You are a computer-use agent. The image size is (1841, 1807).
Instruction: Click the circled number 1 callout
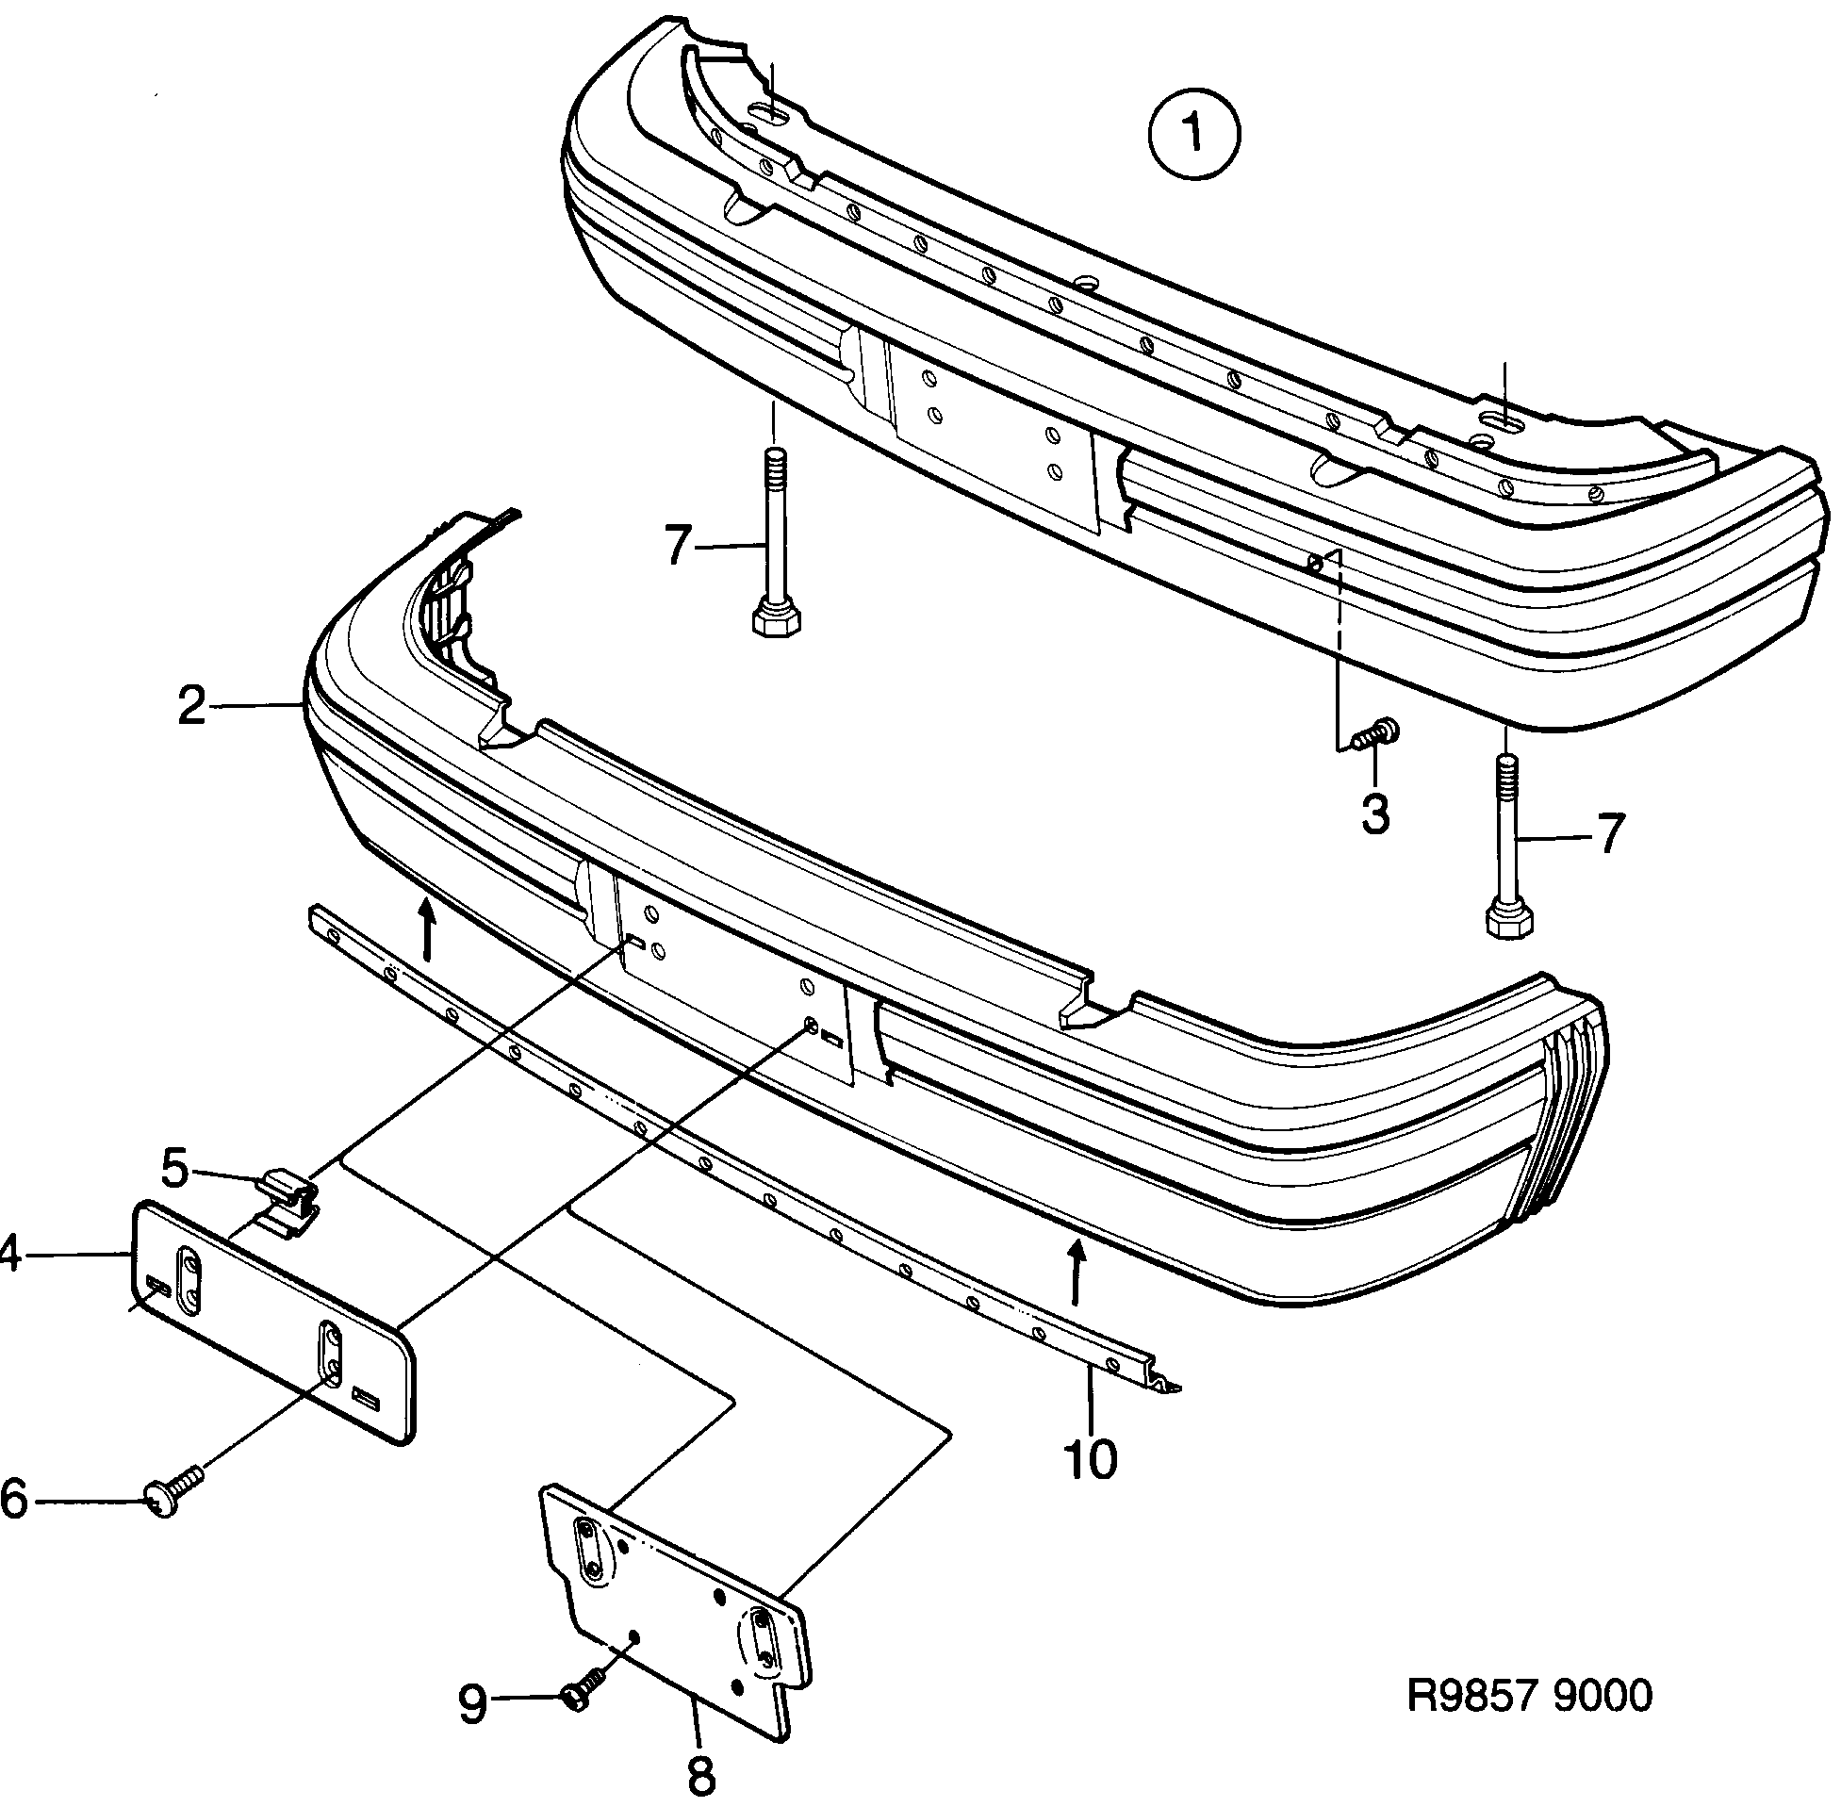[1193, 133]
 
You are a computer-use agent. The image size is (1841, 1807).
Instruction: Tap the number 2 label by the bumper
[191, 706]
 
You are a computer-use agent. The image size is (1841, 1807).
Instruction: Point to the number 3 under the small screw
[1375, 813]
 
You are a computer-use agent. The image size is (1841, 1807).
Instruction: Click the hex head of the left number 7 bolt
[775, 621]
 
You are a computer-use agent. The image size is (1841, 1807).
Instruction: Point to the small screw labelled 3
[1373, 732]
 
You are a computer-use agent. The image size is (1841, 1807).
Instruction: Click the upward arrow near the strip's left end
[427, 928]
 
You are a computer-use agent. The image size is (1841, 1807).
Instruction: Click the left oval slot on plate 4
[189, 1282]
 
